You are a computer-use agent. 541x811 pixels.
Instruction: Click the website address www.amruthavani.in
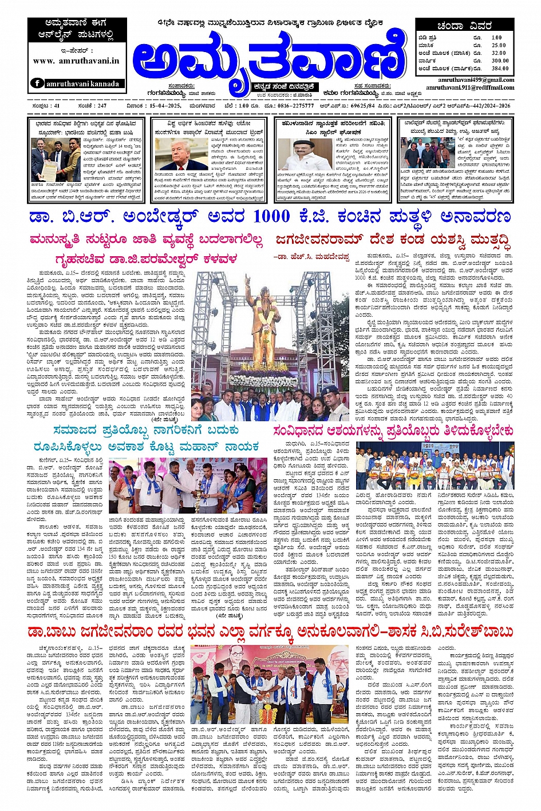tap(76, 60)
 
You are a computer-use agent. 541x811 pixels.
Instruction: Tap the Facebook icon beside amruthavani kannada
tap(37, 83)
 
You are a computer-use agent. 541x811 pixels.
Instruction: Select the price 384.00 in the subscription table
tap(500, 68)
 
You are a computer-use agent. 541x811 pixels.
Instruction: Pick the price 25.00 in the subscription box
tap(499, 45)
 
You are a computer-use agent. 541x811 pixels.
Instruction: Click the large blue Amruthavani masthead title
tap(269, 57)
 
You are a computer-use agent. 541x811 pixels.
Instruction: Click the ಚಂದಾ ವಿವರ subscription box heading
tap(464, 26)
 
